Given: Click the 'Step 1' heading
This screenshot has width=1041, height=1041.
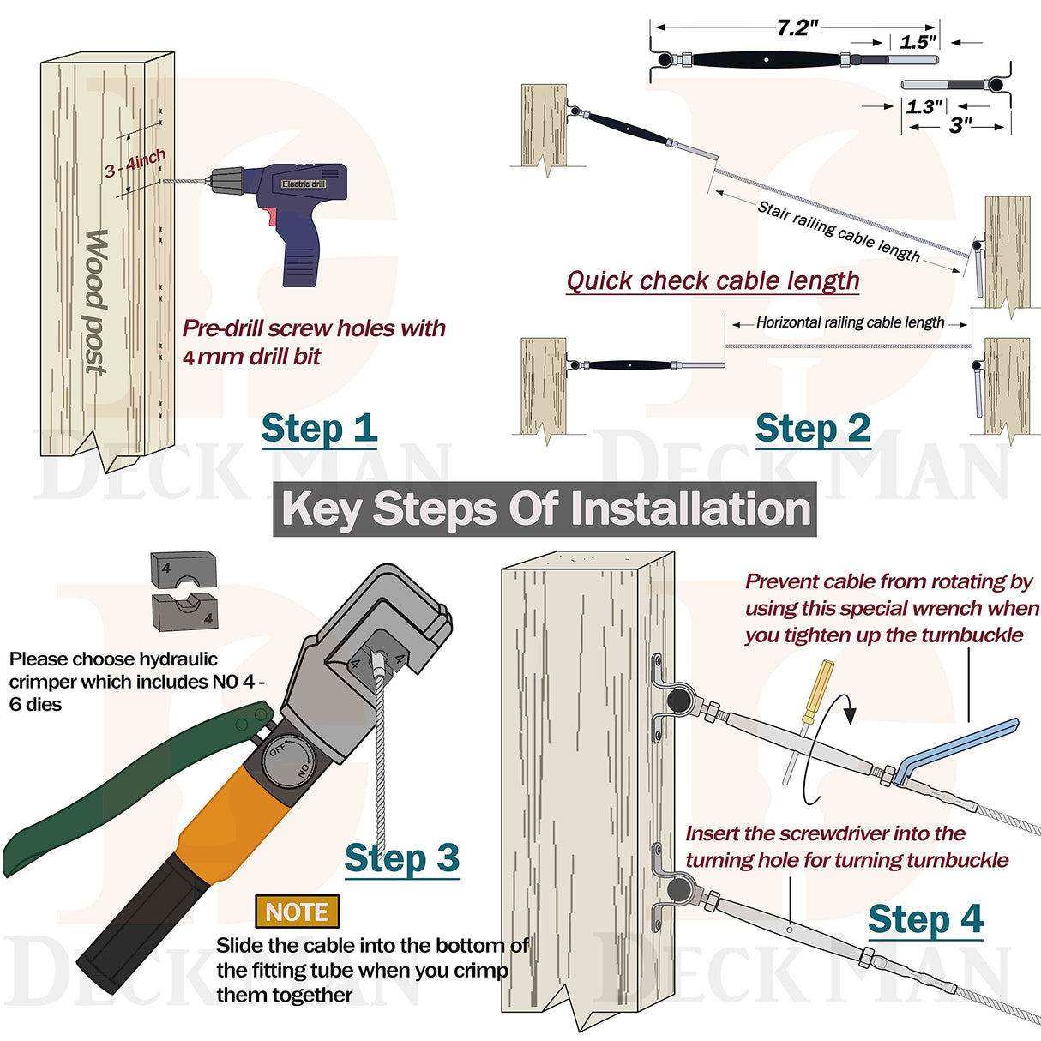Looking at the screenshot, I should click(319, 429).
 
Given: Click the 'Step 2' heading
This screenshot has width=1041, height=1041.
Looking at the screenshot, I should click(812, 429).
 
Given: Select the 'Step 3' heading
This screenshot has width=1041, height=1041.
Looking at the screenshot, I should click(401, 858).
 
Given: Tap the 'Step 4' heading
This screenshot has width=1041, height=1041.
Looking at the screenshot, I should click(924, 920).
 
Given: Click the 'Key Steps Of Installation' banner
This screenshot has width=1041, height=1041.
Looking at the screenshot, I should click(545, 508).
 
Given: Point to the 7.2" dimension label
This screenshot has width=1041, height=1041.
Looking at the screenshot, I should click(797, 27).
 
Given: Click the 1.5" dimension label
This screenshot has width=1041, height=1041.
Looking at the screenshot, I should click(917, 41).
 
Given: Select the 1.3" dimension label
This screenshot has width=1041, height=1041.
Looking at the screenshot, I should click(924, 106).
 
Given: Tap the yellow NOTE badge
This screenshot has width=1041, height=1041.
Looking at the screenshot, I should click(297, 912).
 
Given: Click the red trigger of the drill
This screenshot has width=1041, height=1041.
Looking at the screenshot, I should click(271, 215).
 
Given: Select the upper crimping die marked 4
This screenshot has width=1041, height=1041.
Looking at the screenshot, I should click(184, 567).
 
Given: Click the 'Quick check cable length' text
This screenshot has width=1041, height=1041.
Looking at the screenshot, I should click(713, 281).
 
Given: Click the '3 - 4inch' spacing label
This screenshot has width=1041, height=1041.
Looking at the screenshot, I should click(135, 164).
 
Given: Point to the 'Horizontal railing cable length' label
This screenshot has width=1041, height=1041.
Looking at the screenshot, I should click(850, 322).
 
